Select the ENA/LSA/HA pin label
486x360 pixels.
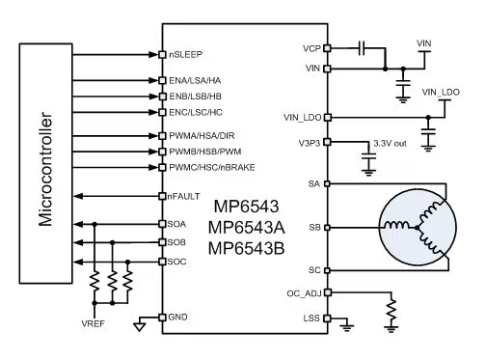pyautogui.click(x=196, y=81)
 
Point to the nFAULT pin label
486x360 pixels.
pyautogui.click(x=184, y=196)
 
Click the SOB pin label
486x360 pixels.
pyautogui.click(x=178, y=242)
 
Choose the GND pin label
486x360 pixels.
pyautogui.click(x=178, y=317)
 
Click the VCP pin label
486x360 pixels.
pyautogui.click(x=310, y=46)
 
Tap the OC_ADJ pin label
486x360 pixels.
pyautogui.click(x=305, y=291)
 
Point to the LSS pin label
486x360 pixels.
pyautogui.click(x=311, y=317)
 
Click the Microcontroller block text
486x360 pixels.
pyautogui.click(x=45, y=159)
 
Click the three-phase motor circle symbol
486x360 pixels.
pyautogui.click(x=418, y=227)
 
